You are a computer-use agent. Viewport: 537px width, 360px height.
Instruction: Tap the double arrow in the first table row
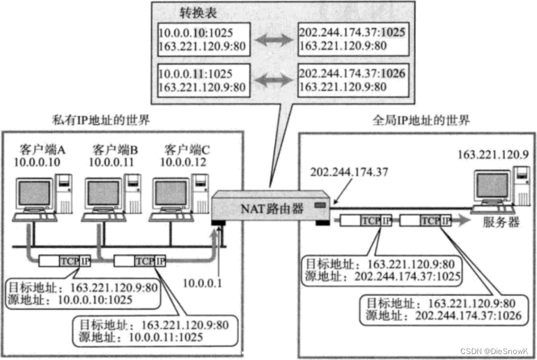pos(270,37)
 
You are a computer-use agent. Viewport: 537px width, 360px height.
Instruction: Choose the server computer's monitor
pos(491,185)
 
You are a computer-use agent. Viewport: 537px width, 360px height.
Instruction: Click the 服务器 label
pos(501,222)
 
